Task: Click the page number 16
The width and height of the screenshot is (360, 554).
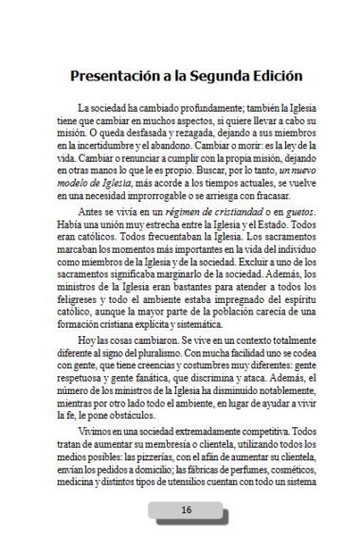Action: tap(186, 509)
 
